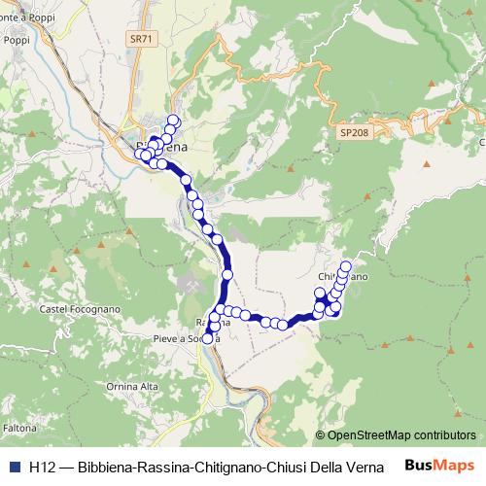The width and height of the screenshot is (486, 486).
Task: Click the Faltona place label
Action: point(19,428)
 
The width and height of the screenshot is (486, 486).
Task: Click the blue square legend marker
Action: point(13,467)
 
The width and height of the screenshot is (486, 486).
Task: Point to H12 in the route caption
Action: point(42,467)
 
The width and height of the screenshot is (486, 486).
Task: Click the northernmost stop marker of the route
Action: point(174,121)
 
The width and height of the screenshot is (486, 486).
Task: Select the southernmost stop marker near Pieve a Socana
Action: point(207,338)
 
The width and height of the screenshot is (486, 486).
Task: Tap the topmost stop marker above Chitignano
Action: point(346,266)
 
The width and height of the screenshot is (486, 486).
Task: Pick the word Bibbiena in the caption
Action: point(107,467)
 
